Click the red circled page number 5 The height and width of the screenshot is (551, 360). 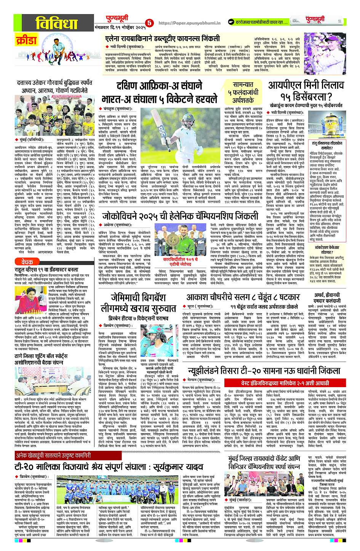pos(149,23)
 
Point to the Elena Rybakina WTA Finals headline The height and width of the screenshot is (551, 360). pos(163,38)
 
